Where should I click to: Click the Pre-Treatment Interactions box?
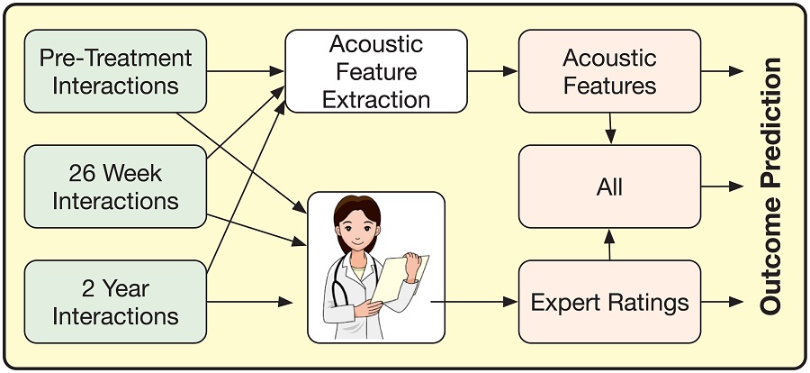115,71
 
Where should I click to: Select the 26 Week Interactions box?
115,186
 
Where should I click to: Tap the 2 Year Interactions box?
115,302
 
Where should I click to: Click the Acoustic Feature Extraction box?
376,71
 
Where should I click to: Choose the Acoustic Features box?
609,71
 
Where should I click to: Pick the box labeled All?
609,186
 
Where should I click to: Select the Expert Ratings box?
609,302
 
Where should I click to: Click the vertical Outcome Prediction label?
770,186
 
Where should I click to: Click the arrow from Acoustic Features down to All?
610,127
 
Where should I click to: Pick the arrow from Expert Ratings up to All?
610,243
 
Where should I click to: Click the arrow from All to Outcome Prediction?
723,186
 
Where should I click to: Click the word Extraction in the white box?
376,98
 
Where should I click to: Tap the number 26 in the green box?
84,173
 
